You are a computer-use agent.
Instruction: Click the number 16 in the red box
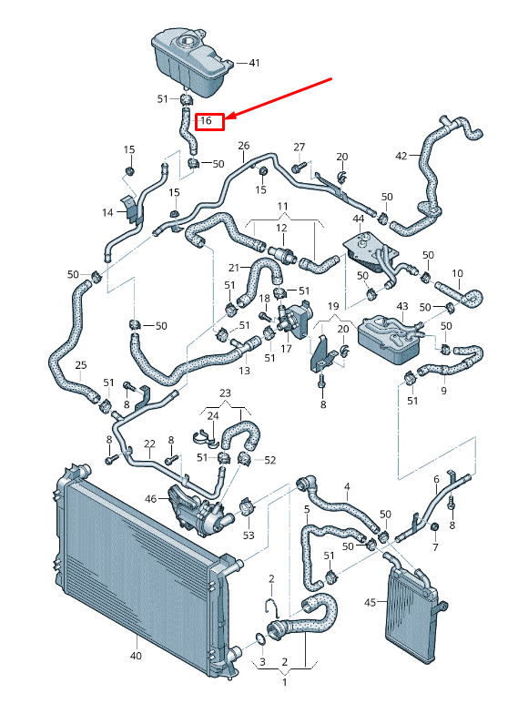207,120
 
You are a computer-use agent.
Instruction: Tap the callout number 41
254,63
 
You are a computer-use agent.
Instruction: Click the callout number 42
401,156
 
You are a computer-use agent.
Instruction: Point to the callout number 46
151,499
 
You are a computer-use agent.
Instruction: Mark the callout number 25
80,365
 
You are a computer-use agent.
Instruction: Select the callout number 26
243,146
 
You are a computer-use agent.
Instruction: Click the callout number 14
107,212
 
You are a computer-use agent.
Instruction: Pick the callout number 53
249,535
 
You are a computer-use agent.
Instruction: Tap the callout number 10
457,272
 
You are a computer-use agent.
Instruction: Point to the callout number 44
359,219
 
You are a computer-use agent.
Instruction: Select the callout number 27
299,147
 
